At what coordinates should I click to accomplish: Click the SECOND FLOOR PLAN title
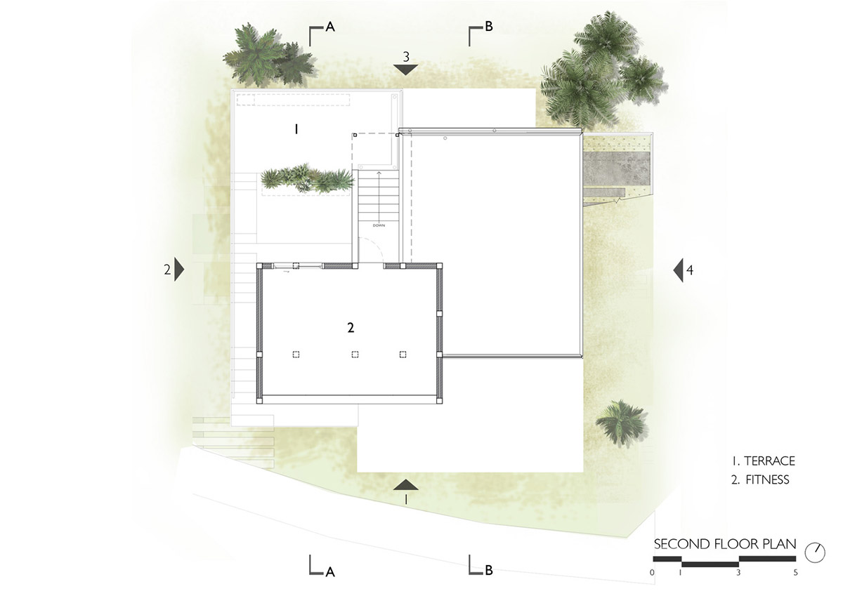coord(725,544)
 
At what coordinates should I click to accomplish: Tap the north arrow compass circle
coord(815,553)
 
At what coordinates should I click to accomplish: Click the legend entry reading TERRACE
coord(769,461)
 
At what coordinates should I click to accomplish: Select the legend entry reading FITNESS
coord(767,479)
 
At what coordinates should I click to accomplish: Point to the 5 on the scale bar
coord(795,573)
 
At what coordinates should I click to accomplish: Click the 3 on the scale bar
coord(738,573)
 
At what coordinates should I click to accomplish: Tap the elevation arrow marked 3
coord(406,69)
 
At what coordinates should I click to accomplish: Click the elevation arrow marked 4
coord(678,270)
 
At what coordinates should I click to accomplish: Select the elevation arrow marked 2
coord(179,270)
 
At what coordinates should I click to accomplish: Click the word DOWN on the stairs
coord(379,225)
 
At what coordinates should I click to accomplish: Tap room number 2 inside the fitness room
coord(351,328)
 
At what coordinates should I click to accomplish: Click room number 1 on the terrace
coord(296,129)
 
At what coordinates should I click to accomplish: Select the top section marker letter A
coord(330,27)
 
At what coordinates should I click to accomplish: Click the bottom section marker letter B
coord(489,570)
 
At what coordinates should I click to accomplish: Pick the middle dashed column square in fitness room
coord(355,355)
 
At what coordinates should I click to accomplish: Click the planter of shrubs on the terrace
coord(308,180)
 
